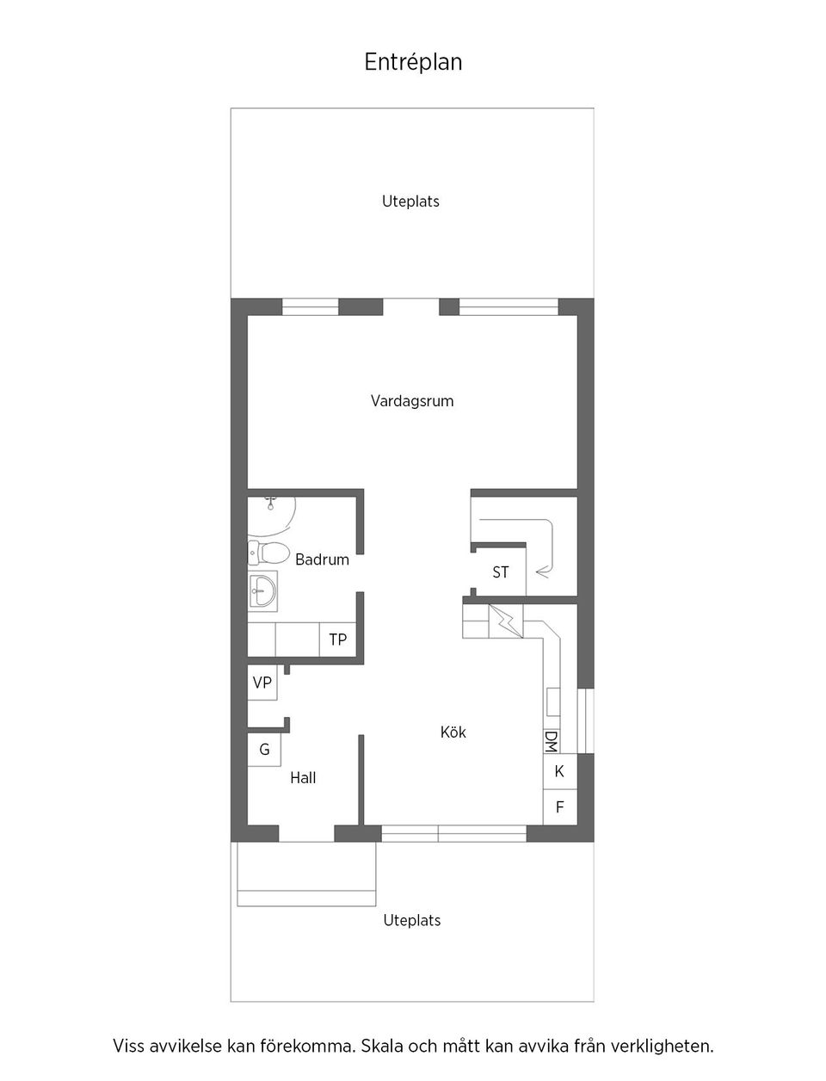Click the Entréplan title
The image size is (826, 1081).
pyautogui.click(x=413, y=62)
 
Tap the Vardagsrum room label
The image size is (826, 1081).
pyautogui.click(x=412, y=401)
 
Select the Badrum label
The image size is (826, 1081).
pyautogui.click(x=322, y=559)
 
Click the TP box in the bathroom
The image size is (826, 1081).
pyautogui.click(x=337, y=639)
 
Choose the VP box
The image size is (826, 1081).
pyautogui.click(x=262, y=683)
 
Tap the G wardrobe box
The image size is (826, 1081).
pyautogui.click(x=264, y=750)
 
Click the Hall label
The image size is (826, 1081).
pyautogui.click(x=303, y=778)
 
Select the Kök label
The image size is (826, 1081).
pyautogui.click(x=453, y=732)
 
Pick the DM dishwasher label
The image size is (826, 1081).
pyautogui.click(x=552, y=742)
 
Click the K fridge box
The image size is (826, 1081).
pyautogui.click(x=559, y=771)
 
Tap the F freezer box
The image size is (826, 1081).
pyautogui.click(x=559, y=807)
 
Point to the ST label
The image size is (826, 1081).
pyautogui.click(x=500, y=572)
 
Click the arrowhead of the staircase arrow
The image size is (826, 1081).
pyautogui.click(x=539, y=570)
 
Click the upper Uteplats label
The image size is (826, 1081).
pyautogui.click(x=410, y=201)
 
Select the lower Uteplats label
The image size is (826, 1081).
pyautogui.click(x=411, y=921)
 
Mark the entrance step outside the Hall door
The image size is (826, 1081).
pyautogui.click(x=306, y=874)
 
